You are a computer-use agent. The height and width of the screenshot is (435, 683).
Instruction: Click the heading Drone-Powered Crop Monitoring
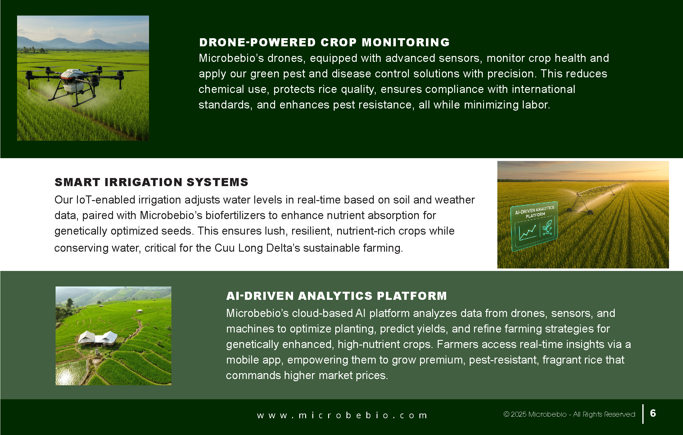324,42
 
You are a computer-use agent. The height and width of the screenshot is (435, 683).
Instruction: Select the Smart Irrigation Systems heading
152,182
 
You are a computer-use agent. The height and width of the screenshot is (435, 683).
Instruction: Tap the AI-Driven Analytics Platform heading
337,296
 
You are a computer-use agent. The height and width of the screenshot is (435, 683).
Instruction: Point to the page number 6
653,413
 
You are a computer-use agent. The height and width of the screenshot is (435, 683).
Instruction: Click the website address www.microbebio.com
342,415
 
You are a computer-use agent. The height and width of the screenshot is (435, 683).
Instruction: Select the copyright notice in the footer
569,414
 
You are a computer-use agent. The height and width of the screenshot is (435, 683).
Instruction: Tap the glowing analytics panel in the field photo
534,227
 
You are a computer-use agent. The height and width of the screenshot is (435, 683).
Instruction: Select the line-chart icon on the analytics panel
527,232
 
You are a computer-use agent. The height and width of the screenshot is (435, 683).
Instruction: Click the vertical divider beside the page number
643,414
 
